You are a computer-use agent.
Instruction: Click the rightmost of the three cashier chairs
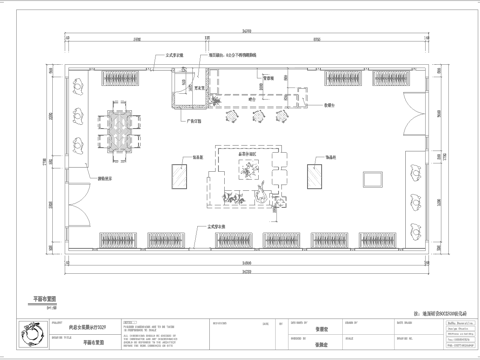[281, 117]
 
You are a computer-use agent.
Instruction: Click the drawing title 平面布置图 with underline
[45, 298]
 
